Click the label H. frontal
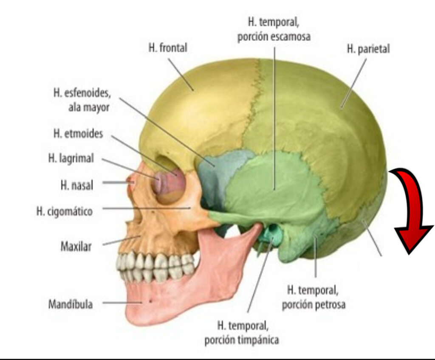click(x=168, y=48)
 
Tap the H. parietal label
click(x=368, y=49)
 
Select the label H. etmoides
click(x=78, y=134)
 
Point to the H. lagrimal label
click(x=71, y=158)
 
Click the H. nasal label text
click(x=77, y=185)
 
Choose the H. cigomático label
click(x=65, y=211)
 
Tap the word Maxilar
click(x=76, y=246)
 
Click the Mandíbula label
click(x=71, y=304)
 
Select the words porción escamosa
click(x=274, y=37)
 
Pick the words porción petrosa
click(x=314, y=304)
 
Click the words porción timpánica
click(x=242, y=340)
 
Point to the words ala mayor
click(x=89, y=107)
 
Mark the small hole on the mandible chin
click(x=151, y=301)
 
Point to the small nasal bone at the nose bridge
click(x=131, y=182)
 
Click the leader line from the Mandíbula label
click(x=122, y=303)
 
